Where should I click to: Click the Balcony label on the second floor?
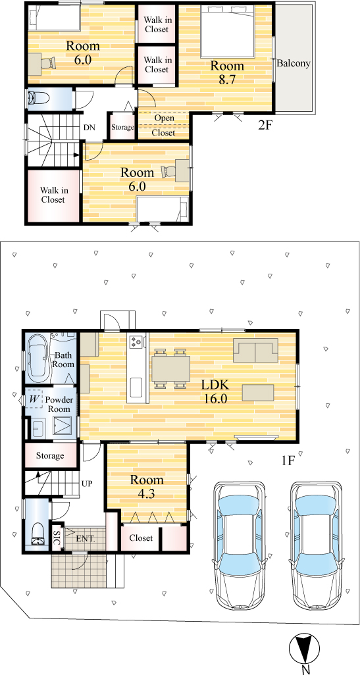tap(294, 63)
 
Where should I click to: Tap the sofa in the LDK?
tap(255, 351)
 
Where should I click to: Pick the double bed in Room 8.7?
tap(226, 32)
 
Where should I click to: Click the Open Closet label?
tap(164, 125)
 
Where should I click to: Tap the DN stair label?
tap(90, 128)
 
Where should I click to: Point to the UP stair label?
tap(87, 483)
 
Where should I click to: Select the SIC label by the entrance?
tap(56, 538)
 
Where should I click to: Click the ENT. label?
tap(86, 539)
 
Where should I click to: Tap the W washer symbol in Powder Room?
tap(34, 400)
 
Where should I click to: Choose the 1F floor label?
tap(288, 461)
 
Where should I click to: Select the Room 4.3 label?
tap(147, 487)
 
